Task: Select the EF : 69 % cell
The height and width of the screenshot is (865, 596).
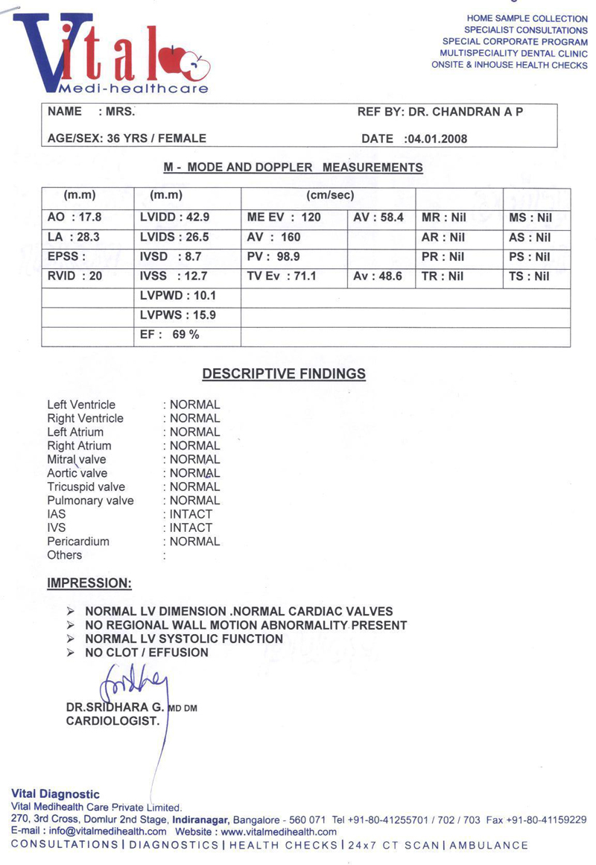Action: tap(170, 335)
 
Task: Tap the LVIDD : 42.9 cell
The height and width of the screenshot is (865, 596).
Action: tap(174, 218)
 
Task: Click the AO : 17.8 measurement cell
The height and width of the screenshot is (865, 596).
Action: tap(74, 218)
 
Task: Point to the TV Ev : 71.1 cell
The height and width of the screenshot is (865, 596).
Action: tap(282, 276)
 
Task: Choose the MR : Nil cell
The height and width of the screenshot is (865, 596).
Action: tap(443, 218)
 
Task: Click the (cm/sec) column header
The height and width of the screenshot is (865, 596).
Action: tap(330, 195)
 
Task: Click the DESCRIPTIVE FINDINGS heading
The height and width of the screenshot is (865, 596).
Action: tap(284, 374)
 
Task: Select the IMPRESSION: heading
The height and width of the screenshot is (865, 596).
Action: tap(89, 582)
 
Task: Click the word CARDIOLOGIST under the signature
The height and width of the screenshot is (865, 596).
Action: tap(112, 721)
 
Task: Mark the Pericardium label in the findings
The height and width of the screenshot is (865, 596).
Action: tap(78, 542)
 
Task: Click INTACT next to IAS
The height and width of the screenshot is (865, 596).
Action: tap(191, 514)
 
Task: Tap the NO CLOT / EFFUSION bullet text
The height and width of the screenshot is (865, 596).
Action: tap(147, 653)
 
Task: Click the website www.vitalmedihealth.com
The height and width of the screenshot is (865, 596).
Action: tap(279, 831)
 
